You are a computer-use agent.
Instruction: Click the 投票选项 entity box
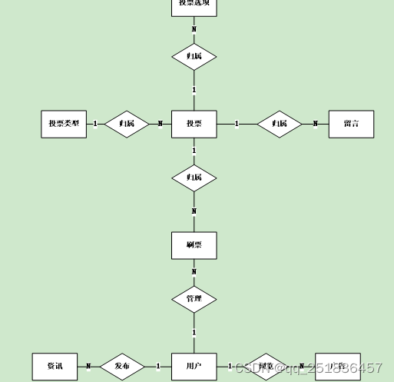tap(194, 5)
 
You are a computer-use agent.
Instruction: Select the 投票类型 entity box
tap(64, 124)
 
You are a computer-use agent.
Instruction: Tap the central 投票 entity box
tap(194, 124)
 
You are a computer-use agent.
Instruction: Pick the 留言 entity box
tap(351, 124)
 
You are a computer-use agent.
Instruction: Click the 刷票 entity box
tap(194, 245)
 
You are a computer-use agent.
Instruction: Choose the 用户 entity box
tap(194, 367)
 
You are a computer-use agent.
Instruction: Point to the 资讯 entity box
tap(55, 367)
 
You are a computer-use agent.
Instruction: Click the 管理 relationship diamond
tap(194, 299)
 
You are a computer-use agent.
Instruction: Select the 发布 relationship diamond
tap(123, 367)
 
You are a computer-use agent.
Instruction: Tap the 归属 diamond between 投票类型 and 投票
tap(127, 124)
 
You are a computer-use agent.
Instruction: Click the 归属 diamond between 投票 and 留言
tap(280, 124)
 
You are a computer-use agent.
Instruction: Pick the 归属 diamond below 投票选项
tap(194, 56)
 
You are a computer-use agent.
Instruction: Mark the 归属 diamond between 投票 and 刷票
tap(194, 178)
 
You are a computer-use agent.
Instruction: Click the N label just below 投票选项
tap(194, 29)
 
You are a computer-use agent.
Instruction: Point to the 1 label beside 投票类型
tap(94, 124)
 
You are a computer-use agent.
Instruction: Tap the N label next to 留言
tap(315, 124)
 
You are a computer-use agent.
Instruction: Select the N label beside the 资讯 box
tap(88, 367)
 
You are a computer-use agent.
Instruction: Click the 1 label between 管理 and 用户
tap(194, 333)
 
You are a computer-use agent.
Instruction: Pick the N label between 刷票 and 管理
tap(194, 271)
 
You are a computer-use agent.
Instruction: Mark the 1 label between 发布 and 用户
tap(158, 367)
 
